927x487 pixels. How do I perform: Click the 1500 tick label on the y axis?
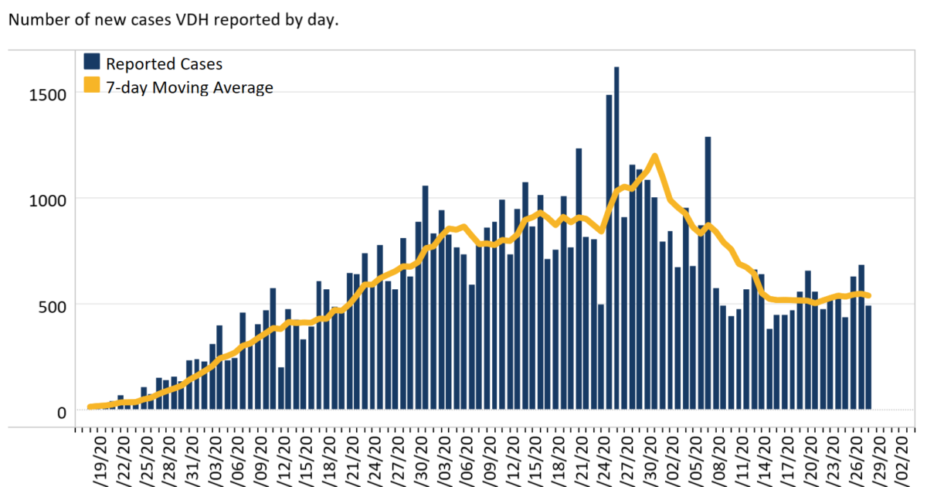(x=49, y=94)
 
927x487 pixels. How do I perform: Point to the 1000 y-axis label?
(x=49, y=199)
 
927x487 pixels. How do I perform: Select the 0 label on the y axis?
(x=63, y=411)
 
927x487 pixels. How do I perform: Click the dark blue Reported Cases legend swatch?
(x=92, y=63)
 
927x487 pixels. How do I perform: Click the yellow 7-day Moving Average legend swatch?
(x=92, y=87)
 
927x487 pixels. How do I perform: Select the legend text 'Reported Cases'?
(x=164, y=63)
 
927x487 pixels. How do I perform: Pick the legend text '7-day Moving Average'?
(x=189, y=87)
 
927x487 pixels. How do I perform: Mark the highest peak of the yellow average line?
(x=654, y=157)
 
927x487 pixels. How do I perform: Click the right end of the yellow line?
(x=869, y=295)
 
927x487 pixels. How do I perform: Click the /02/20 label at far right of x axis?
(x=901, y=456)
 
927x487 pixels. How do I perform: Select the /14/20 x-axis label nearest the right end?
(x=764, y=456)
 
